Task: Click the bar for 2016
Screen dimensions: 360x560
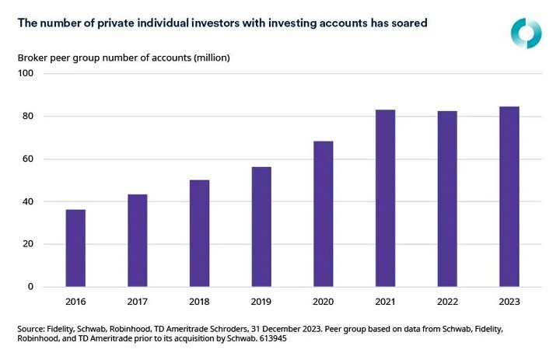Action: click(x=75, y=248)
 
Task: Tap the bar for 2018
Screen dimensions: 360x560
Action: click(x=199, y=233)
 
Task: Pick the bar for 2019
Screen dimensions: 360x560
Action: click(x=261, y=227)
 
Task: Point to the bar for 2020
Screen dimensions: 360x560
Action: click(x=323, y=214)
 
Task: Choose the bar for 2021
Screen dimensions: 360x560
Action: click(x=385, y=198)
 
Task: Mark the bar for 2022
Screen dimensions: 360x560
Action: click(x=447, y=199)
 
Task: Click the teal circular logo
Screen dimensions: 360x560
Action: click(x=526, y=30)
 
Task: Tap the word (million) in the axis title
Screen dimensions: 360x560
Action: click(x=212, y=58)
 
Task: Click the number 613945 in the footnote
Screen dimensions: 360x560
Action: click(x=291, y=341)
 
